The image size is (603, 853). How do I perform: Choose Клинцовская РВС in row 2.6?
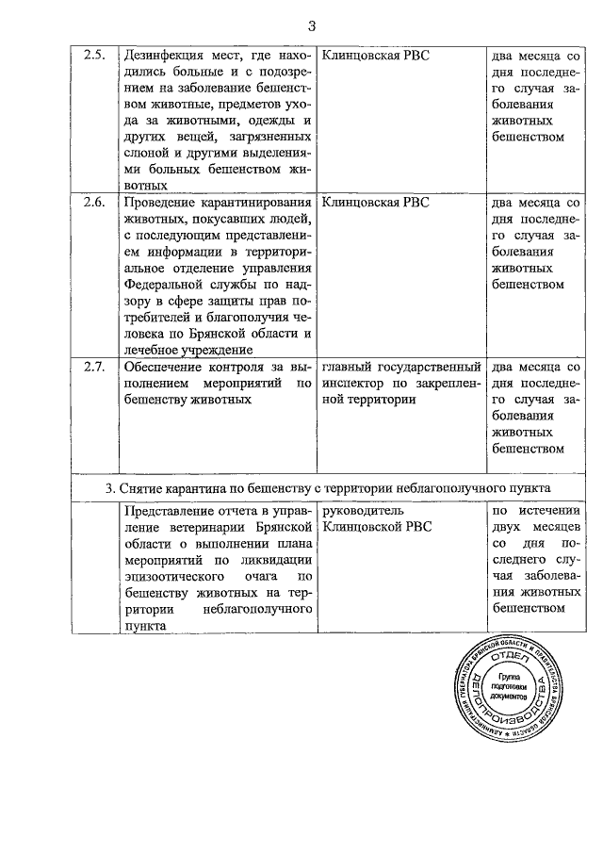tap(375, 203)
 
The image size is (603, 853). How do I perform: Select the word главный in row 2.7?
tap(350, 367)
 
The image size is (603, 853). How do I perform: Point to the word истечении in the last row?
tap(546, 511)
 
